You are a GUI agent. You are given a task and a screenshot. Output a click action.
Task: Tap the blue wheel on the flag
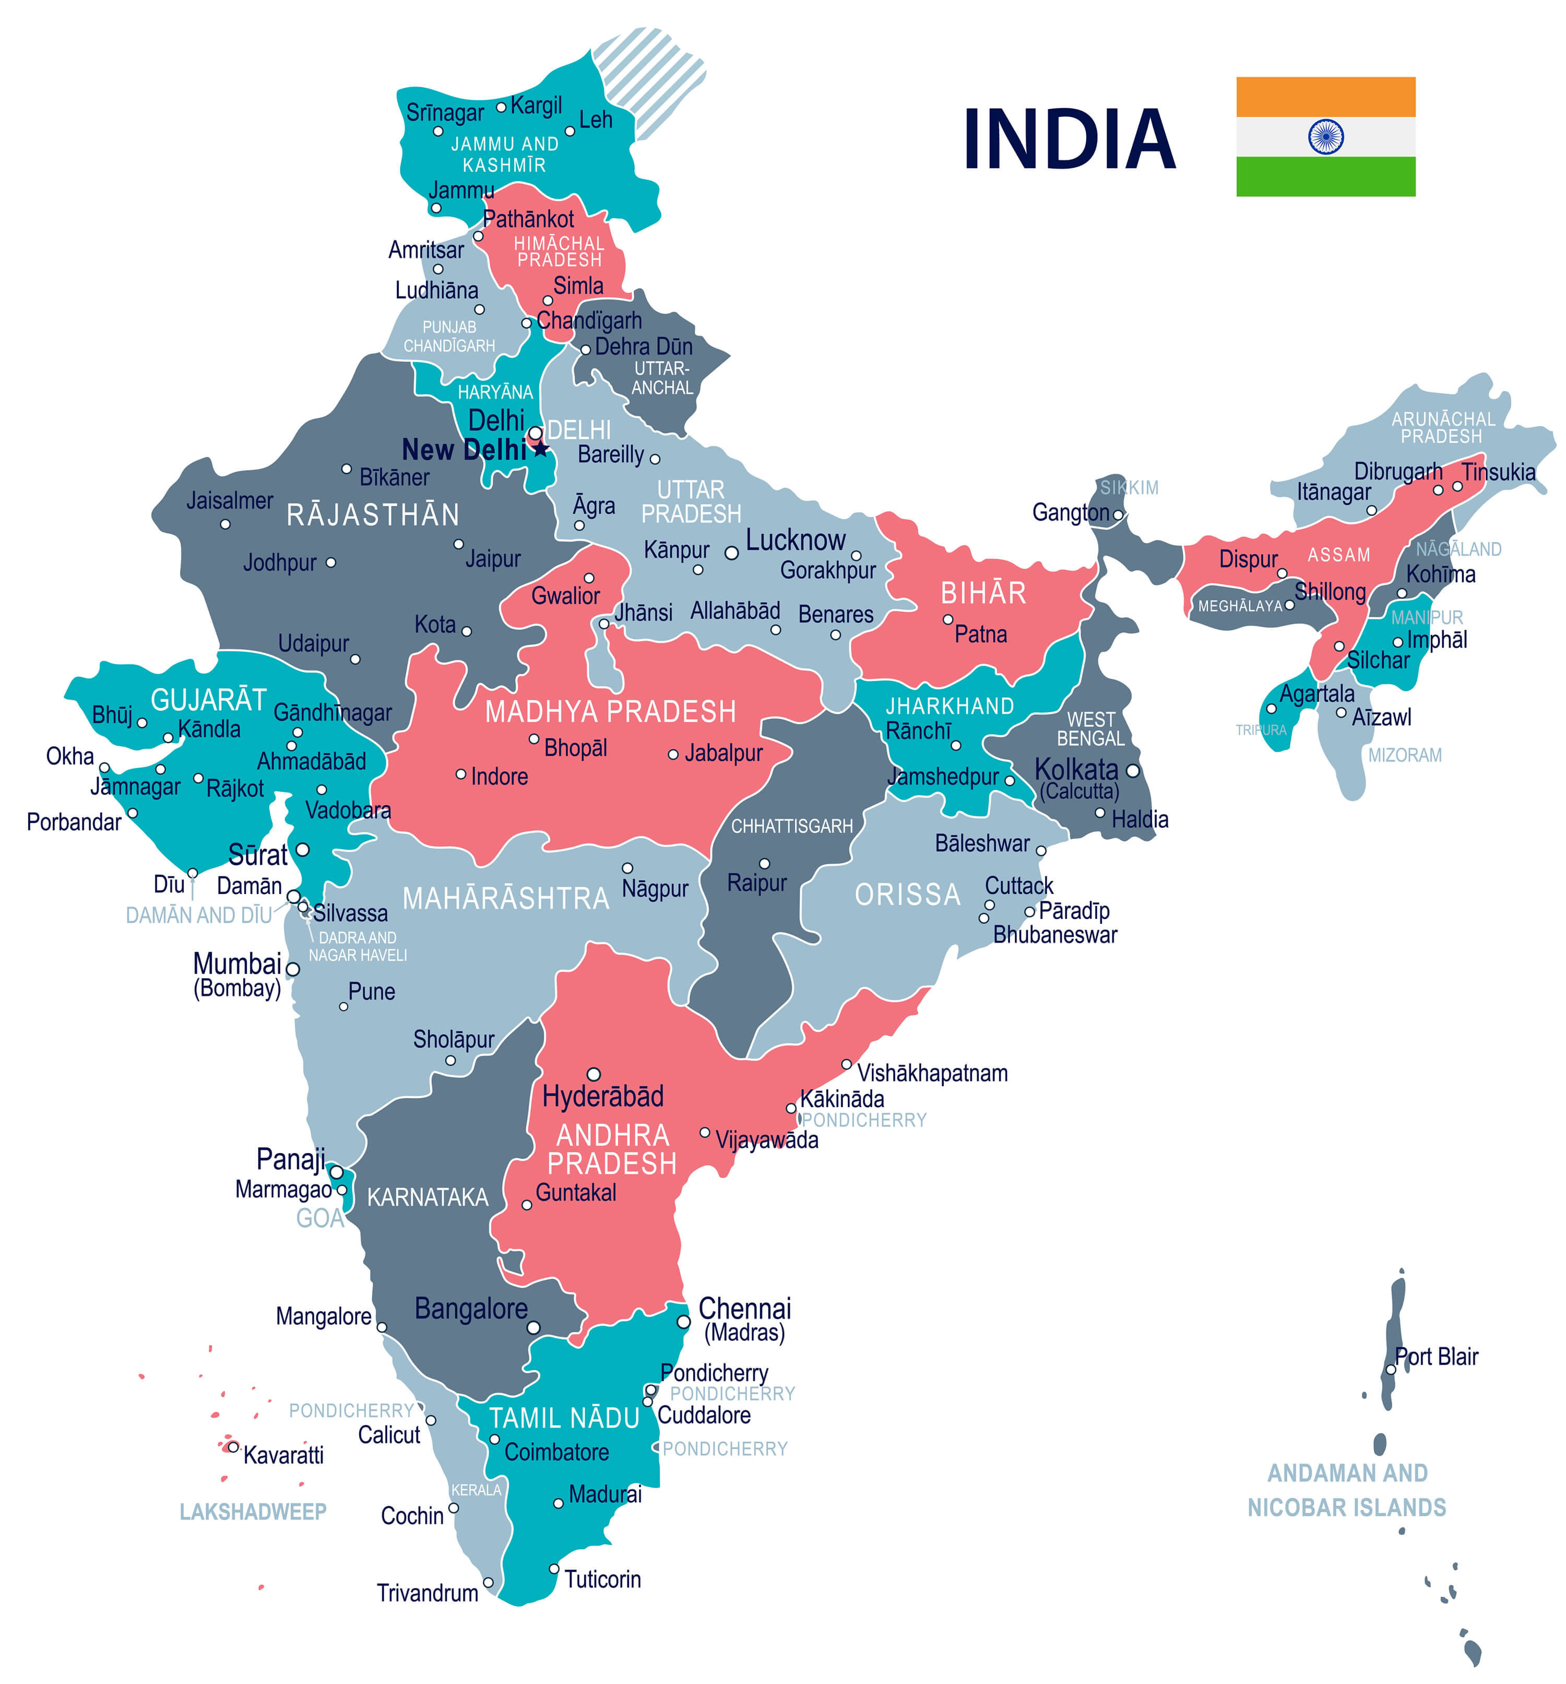pos(1325,136)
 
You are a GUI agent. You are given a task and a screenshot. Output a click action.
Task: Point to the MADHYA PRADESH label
pos(610,712)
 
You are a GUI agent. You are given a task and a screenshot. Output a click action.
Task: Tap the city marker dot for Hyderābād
pos(594,1074)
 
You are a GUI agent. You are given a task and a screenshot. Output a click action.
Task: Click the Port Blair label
pos(1437,1356)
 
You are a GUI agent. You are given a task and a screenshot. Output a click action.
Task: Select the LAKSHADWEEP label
pos(253,1511)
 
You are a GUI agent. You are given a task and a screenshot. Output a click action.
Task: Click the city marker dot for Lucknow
pos(731,553)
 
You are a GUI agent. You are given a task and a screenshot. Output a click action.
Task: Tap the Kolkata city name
pos(1076,769)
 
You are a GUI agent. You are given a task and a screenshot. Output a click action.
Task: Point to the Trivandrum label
pos(427,1593)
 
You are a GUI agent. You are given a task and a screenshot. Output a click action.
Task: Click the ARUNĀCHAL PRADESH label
pos(1442,427)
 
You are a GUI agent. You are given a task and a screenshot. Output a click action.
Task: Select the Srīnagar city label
pos(445,112)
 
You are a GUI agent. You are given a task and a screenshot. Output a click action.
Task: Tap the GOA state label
pos(319,1218)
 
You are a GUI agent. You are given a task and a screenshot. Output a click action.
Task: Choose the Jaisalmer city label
pos(230,501)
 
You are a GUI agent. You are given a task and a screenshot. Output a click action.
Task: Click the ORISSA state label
pos(907,894)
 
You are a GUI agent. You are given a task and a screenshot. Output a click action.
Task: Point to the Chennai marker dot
pos(683,1322)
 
